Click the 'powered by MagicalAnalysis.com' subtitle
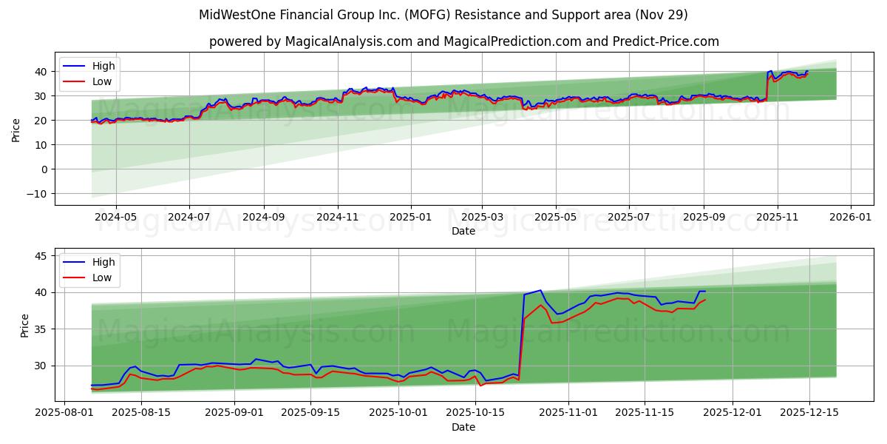(x=463, y=41)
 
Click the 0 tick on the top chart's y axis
(x=44, y=169)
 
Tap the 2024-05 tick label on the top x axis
(x=116, y=218)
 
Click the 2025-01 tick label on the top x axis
(x=409, y=218)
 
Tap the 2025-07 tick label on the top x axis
(x=628, y=218)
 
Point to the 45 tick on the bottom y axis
(x=41, y=256)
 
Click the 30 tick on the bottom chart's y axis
(x=41, y=366)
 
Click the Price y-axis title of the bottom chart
(x=25, y=325)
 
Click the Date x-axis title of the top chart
(x=463, y=231)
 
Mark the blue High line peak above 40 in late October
(x=540, y=290)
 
